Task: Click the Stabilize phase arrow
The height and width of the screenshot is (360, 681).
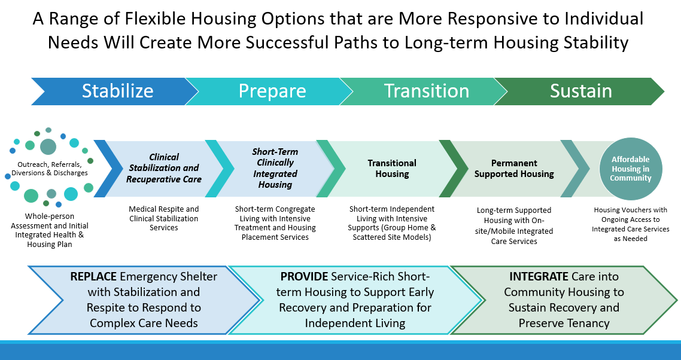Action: point(117,91)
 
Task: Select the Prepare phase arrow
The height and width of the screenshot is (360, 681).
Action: point(272,91)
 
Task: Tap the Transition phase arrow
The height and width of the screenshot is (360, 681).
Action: point(426,91)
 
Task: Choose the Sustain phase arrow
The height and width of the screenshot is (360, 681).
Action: point(580,91)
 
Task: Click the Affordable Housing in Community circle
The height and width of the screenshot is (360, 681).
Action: point(630,169)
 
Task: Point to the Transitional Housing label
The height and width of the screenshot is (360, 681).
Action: point(392,169)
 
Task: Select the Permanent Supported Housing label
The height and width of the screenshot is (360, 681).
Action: point(514,169)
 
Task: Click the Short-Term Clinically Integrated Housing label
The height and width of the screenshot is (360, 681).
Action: point(275,168)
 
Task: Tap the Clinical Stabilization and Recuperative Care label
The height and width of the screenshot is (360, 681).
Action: point(164,168)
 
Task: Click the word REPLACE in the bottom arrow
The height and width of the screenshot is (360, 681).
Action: point(93,277)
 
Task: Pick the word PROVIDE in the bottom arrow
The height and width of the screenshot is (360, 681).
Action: point(304,277)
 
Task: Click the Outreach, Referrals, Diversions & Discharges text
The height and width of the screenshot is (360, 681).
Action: point(50,169)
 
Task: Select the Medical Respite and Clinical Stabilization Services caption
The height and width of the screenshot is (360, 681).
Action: point(164,218)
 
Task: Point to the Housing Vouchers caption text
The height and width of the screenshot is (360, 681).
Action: point(630,224)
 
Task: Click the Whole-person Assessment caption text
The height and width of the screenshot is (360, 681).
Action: point(49,229)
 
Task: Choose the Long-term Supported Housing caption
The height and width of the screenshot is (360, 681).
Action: point(514,226)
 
